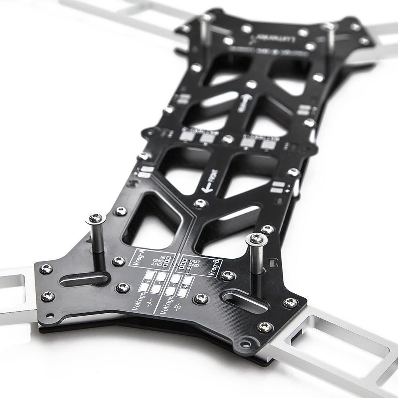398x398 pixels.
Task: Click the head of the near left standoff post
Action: [x=96, y=218]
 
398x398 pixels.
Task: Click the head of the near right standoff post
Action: [x=256, y=239]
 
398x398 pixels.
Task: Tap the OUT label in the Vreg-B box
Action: [x=195, y=261]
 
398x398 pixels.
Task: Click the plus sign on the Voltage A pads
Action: [x=148, y=281]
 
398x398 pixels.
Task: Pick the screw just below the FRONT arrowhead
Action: [x=200, y=204]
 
